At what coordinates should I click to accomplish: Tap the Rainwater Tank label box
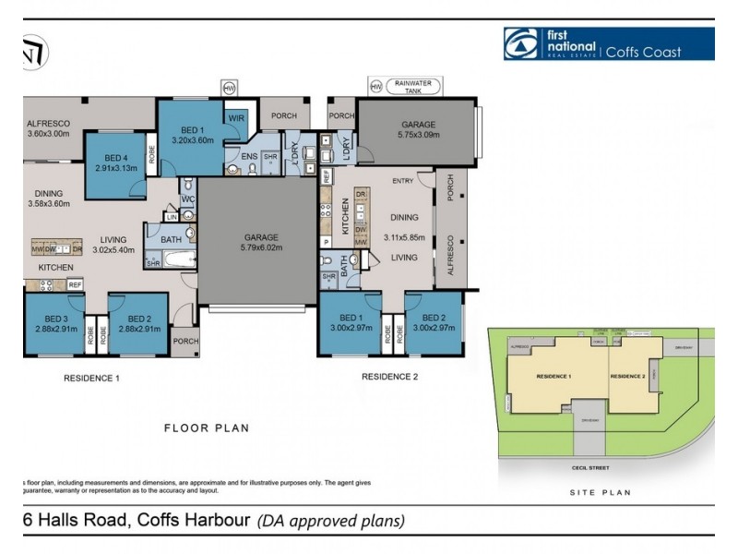tap(412, 86)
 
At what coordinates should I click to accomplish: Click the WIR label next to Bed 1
tap(236, 117)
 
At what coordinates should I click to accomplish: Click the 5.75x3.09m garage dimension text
tap(418, 136)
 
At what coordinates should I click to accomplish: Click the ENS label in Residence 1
tap(249, 157)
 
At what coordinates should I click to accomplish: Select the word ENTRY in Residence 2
tap(402, 181)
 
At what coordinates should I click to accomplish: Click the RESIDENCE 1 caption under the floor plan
tap(91, 378)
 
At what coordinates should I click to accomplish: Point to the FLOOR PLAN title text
tap(207, 428)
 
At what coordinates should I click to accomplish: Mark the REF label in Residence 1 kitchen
tap(74, 284)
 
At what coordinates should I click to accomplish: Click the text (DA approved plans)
tap(330, 520)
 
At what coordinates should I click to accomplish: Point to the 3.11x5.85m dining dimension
tap(405, 237)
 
